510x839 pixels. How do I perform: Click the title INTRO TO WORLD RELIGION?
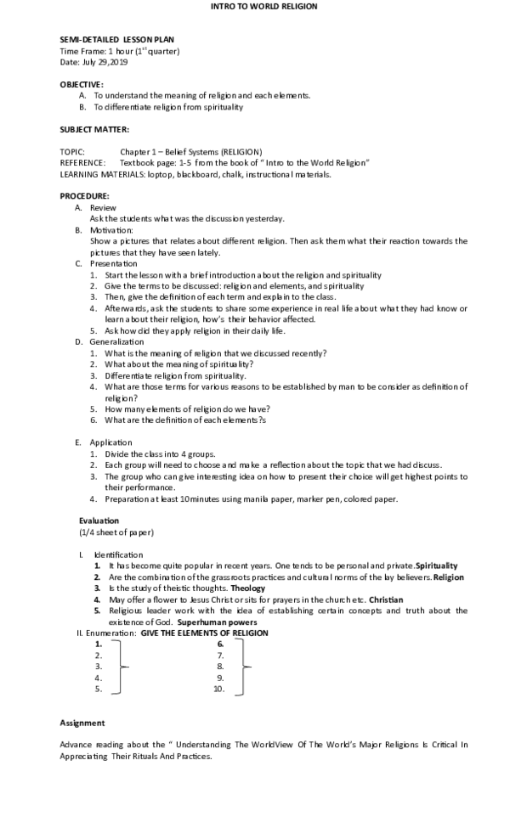tap(263, 7)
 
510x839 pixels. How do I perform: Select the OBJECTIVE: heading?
tap(82, 84)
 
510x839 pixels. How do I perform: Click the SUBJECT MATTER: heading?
tap(94, 129)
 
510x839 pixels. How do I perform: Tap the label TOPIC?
tap(72, 151)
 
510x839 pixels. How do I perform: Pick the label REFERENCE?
tap(82, 162)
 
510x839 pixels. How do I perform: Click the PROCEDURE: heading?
tap(84, 196)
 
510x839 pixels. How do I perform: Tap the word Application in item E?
tap(111, 442)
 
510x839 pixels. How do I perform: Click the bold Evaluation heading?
tap(99, 521)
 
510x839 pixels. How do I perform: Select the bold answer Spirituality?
tap(437, 565)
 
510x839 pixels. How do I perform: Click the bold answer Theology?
tap(247, 588)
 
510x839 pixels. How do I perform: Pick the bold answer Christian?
tap(387, 599)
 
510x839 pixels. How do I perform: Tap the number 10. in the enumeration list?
tap(218, 689)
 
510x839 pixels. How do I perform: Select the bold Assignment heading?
tap(82, 723)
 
